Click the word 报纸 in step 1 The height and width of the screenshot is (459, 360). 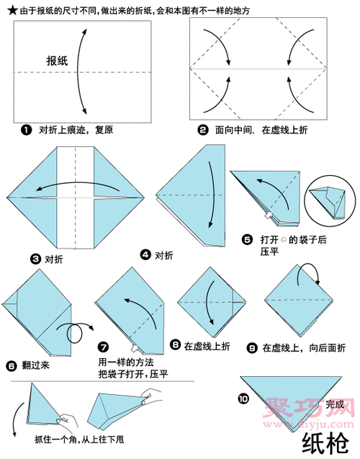[x=57, y=62]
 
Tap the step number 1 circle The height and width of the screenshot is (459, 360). [x=27, y=130]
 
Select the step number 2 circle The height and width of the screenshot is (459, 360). [x=203, y=130]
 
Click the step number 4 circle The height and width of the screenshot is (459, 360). [x=145, y=255]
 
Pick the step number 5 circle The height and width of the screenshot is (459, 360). [x=247, y=239]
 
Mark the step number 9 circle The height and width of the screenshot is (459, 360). [x=252, y=347]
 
